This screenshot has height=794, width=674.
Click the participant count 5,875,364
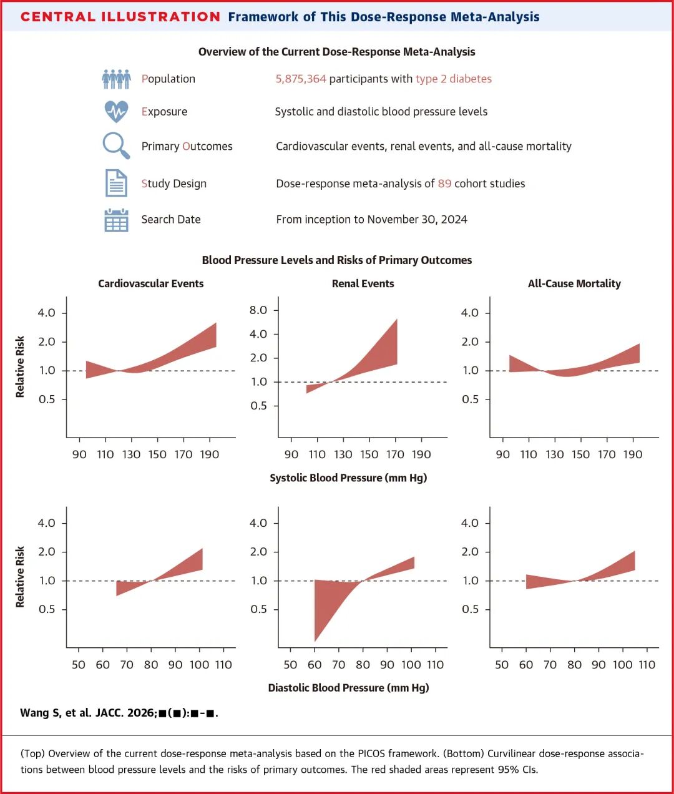301,79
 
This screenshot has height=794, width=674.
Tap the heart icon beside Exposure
116,112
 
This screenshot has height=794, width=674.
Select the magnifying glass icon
116,146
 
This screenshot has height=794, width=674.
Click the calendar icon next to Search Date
116,220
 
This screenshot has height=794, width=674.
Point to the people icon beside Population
116,79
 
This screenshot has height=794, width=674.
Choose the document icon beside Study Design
116,184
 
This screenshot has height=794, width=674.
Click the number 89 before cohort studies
444,184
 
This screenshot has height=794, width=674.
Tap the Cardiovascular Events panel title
150,283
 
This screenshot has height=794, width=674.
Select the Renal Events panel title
363,283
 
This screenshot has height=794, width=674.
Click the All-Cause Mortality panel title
574,283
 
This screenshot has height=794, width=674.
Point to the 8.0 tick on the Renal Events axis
258,310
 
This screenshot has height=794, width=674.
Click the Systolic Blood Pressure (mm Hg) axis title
348,478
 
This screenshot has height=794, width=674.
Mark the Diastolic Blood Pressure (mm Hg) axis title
348,688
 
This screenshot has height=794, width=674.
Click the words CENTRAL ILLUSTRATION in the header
120,17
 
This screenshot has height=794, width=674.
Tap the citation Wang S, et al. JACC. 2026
119,713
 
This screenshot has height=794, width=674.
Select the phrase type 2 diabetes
454,79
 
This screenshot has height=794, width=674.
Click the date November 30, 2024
417,219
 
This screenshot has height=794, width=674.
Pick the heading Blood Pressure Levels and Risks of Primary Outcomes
337,260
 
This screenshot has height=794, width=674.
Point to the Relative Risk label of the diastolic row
20,576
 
